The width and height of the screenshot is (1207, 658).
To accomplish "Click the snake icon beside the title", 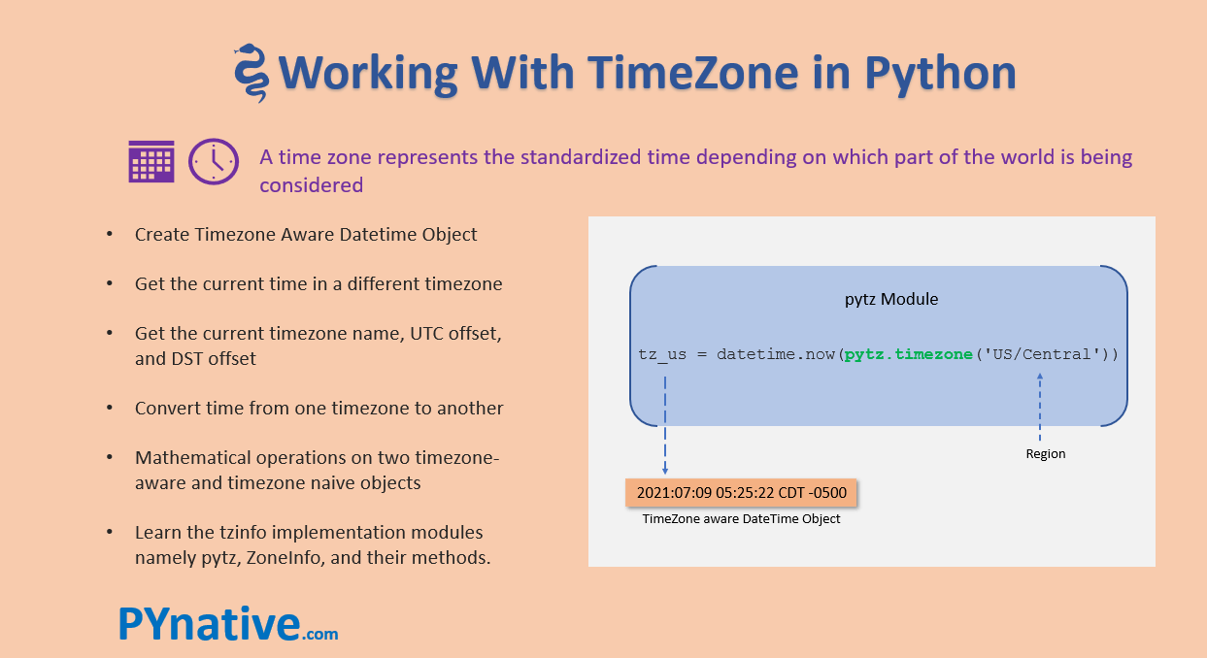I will [251, 73].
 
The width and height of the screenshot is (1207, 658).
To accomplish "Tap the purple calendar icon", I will [151, 161].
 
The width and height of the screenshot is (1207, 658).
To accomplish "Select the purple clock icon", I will [213, 161].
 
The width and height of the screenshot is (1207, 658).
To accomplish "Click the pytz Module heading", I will [891, 299].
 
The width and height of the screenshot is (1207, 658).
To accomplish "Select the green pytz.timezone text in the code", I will [908, 354].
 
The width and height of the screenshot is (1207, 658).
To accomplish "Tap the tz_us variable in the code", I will [662, 354].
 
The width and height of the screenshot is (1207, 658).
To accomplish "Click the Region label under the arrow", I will [1046, 453].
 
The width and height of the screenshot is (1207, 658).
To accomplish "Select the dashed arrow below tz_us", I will [664, 422].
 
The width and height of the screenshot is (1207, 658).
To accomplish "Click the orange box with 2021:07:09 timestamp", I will [742, 492].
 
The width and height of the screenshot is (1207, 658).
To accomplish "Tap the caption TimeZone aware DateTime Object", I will [741, 519].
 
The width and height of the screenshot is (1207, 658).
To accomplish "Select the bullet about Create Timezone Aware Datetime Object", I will [306, 234].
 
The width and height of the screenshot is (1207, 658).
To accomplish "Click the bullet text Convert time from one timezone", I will [319, 408].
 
